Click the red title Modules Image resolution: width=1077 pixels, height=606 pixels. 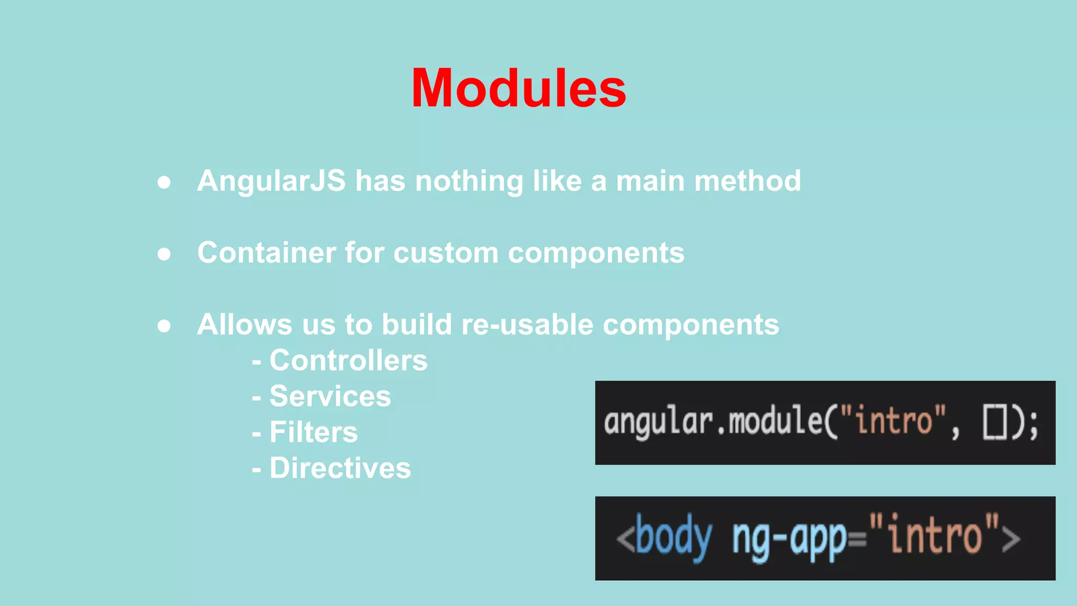519,88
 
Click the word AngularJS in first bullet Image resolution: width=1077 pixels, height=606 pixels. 271,181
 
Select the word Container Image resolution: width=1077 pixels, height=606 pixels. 266,252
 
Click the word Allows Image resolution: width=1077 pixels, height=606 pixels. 245,324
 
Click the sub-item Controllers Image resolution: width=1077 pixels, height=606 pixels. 348,360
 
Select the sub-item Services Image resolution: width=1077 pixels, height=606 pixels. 330,396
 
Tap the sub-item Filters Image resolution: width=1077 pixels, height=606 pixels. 313,432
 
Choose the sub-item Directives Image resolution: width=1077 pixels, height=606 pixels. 340,468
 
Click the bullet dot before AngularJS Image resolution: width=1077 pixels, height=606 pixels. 164,182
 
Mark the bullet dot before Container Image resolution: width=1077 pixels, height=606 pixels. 164,254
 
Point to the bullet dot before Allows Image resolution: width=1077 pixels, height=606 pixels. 164,326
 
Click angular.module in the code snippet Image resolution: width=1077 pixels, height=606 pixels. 713,422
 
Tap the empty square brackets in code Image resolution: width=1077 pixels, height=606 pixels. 994,422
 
